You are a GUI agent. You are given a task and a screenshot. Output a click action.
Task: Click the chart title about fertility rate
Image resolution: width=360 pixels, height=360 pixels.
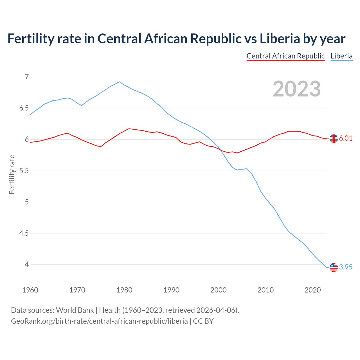coord(176,39)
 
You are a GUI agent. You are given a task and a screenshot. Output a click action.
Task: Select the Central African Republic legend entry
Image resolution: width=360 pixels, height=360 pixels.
coord(285,56)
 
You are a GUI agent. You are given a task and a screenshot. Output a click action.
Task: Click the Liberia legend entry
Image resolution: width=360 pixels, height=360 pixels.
coord(341,56)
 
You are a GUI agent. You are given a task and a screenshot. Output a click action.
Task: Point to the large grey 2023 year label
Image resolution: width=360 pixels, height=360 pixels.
coord(297,89)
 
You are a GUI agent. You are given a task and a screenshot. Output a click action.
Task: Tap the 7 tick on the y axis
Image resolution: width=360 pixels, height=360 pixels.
coord(27,77)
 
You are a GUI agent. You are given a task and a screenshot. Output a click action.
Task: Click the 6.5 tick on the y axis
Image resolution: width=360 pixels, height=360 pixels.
coord(24,108)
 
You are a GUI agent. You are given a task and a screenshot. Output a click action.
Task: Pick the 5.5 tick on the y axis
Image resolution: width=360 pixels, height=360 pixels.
coord(24,171)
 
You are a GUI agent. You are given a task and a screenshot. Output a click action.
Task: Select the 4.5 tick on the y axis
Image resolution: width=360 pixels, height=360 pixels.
coord(24,233)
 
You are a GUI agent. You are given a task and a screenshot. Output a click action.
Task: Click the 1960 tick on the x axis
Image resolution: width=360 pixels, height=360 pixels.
coord(30,290)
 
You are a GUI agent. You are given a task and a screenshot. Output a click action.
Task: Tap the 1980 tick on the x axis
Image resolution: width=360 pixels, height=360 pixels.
coord(124,290)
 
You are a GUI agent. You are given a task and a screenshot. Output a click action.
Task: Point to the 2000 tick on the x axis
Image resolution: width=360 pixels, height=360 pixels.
coord(219,290)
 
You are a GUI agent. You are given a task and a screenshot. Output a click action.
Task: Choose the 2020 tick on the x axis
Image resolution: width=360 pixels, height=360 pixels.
coord(312,290)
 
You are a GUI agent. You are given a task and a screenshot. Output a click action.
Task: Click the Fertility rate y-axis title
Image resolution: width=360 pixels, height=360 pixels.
coord(12,174)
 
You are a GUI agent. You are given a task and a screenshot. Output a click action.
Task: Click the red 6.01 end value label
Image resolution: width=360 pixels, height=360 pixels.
coord(346,138)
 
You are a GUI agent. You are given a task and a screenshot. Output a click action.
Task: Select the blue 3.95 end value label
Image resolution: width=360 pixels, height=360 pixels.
coord(346,267)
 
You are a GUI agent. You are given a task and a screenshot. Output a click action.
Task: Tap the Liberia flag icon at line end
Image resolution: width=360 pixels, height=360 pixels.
coord(334,267)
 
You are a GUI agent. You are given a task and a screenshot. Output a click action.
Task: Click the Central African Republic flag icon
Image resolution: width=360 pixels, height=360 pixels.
coord(334,139)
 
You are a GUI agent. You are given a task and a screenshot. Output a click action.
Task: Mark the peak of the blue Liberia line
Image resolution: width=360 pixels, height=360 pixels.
coord(120,82)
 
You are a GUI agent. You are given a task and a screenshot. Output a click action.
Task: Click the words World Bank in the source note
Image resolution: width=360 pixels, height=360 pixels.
coord(75,310)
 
